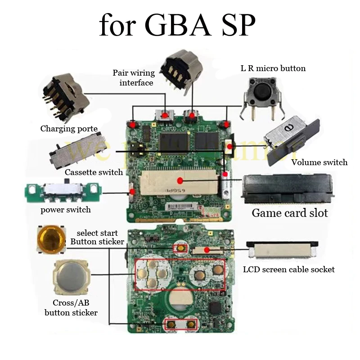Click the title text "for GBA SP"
point(177,25)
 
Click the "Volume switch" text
point(319,162)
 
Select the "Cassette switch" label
point(94,172)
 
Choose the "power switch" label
point(66,210)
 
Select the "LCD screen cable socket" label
point(288,270)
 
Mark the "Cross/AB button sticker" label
point(71,307)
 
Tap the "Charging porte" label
point(69,129)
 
